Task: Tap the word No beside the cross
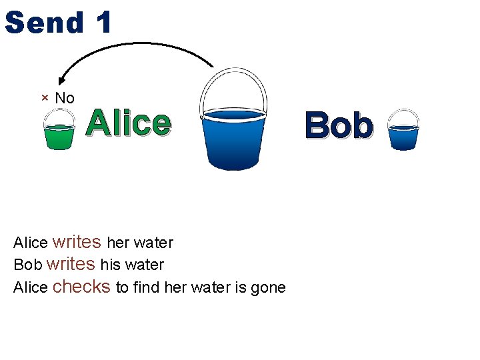[x=65, y=98]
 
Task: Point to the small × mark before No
[x=45, y=98]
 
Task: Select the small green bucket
[x=59, y=129]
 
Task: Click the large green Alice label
[x=129, y=123]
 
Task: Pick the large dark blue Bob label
[x=338, y=126]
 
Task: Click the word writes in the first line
[x=77, y=241]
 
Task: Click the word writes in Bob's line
[x=71, y=264]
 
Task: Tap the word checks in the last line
[x=81, y=287]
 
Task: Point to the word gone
[x=269, y=287]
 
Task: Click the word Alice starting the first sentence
[x=31, y=243]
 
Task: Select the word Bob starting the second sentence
[x=28, y=265]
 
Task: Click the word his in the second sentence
[x=111, y=265]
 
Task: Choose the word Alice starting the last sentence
[x=31, y=287]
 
